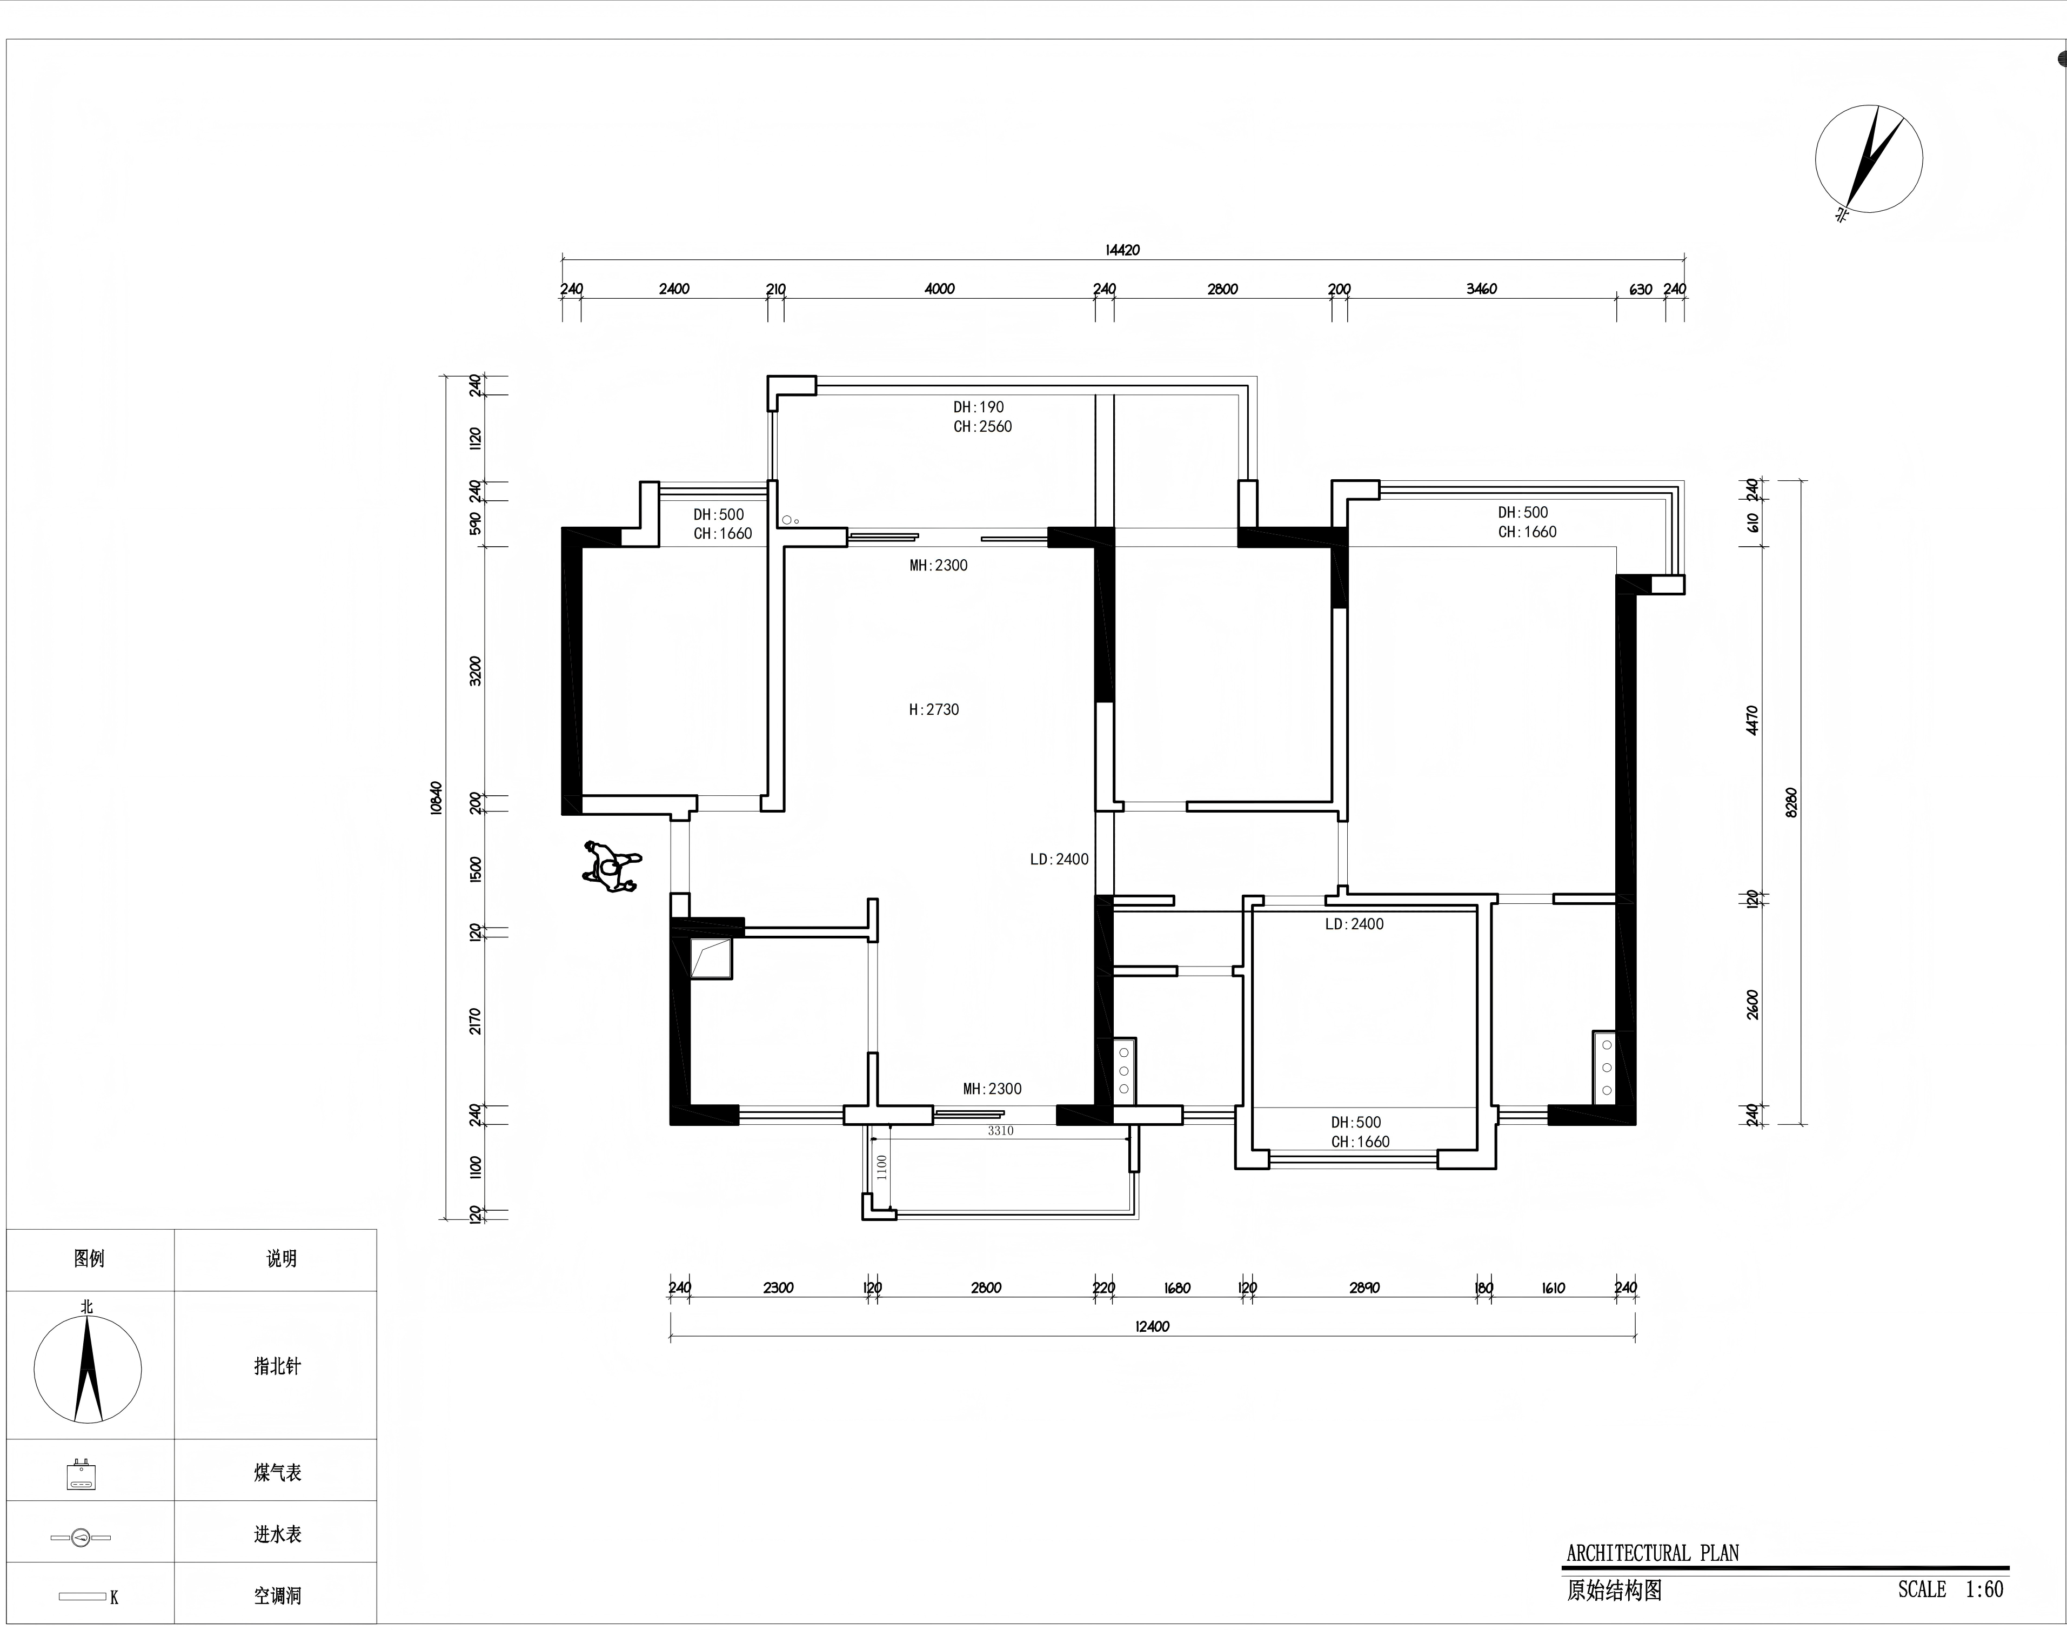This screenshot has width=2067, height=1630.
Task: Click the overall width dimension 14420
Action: coord(1122,250)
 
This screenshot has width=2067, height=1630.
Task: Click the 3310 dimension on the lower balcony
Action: coord(1000,1131)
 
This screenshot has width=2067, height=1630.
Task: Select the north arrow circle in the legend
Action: coord(88,1370)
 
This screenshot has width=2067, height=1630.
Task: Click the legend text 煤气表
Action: coord(278,1473)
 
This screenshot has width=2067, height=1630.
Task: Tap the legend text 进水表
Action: coord(278,1534)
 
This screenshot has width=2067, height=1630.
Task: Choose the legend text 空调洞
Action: coord(278,1595)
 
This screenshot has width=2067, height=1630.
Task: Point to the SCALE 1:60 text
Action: coord(1950,1589)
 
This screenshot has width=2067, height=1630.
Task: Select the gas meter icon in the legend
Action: coord(81,1474)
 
